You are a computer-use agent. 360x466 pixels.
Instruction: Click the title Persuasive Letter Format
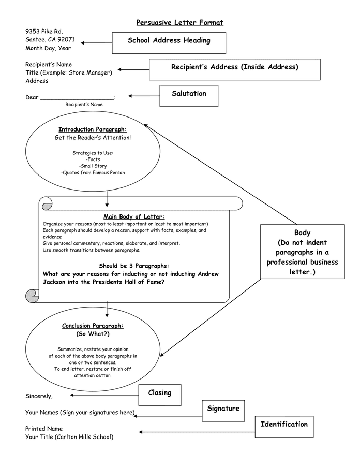pos(179,22)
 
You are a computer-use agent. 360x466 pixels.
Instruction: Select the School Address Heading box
pos(169,42)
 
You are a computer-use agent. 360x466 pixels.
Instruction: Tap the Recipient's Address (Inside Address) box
pos(234,68)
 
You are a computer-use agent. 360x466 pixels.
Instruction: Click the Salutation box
pos(189,95)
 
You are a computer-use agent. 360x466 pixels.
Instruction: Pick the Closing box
pos(160,394)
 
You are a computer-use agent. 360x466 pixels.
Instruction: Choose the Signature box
pos(223,410)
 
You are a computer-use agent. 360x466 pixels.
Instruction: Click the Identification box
pos(284,426)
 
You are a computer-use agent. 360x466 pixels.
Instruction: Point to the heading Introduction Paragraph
pos(93,129)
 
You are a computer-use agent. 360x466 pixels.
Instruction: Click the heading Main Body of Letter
pos(134,216)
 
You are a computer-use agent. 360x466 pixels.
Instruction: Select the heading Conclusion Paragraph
pos(93,326)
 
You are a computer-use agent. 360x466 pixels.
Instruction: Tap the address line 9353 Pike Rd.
pos(44,32)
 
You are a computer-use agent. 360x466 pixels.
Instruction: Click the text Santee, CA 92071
pos(50,40)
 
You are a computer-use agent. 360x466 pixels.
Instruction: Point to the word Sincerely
pos(39,396)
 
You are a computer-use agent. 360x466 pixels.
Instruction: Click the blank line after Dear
pos(77,97)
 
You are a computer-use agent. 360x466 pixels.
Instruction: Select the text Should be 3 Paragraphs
pos(134,266)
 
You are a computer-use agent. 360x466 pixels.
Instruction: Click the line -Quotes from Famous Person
pos(93,173)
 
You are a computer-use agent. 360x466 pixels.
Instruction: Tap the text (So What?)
pos(93,334)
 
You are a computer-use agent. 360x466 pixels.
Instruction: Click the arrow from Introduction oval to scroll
pos(107,198)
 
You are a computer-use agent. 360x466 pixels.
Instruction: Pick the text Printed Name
pos(44,429)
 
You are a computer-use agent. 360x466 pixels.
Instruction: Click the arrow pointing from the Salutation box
pos(145,96)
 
